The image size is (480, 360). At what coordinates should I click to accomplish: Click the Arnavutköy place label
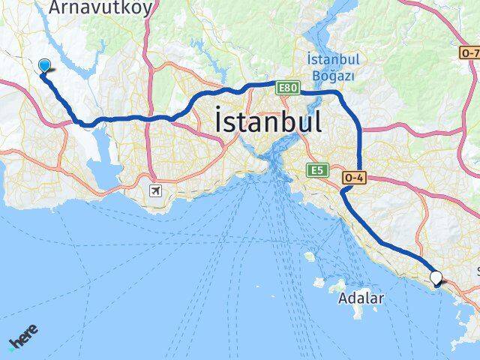tap(100, 7)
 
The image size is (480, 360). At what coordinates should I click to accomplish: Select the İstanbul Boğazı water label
tap(333, 67)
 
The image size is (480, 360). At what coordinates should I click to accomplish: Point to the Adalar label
tap(361, 298)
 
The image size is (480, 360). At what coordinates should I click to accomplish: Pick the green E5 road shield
tap(314, 172)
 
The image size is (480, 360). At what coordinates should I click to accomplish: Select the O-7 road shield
tap(469, 53)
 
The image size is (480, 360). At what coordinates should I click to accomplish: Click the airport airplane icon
tap(156, 190)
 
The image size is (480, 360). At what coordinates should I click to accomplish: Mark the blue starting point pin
tap(43, 66)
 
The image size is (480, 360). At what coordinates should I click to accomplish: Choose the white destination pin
tap(436, 279)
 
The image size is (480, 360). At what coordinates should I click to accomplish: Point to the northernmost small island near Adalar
tap(309, 256)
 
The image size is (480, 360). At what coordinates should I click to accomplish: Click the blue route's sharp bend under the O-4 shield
tap(343, 191)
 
